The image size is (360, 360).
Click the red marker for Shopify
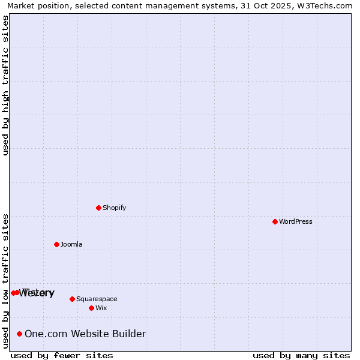(x=98, y=208)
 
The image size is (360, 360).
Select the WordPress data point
(x=275, y=221)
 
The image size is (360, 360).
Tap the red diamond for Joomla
(x=56, y=244)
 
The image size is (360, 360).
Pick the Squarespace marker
(x=72, y=299)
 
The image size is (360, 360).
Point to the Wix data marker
(x=91, y=308)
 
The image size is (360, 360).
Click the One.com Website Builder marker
(x=20, y=334)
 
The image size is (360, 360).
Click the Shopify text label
(x=114, y=208)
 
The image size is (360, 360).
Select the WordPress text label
(x=295, y=221)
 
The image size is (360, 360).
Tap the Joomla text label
(x=71, y=244)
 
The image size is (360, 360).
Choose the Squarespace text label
(x=97, y=299)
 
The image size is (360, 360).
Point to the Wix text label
(x=101, y=308)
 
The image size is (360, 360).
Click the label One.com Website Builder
(x=85, y=334)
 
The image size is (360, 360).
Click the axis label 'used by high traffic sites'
(x=6, y=85)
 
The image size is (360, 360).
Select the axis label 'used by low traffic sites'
(x=6, y=281)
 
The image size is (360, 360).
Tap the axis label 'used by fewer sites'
(x=62, y=355)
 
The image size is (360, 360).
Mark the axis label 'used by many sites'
(x=301, y=355)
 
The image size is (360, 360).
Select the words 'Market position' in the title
(x=36, y=5)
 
